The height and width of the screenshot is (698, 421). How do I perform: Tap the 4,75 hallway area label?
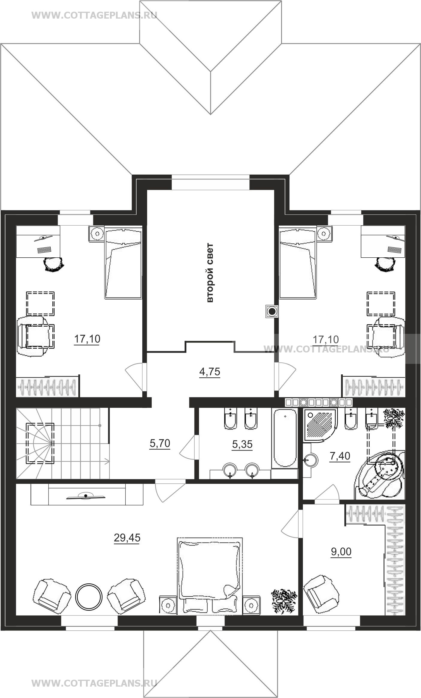pyautogui.click(x=210, y=372)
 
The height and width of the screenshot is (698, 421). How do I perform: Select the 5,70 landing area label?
pyautogui.click(x=160, y=443)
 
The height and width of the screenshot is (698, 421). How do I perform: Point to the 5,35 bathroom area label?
pyautogui.click(x=242, y=444)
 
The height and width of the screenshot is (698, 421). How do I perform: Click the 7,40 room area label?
pyautogui.click(x=339, y=456)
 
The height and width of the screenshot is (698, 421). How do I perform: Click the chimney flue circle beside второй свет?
pyautogui.click(x=272, y=312)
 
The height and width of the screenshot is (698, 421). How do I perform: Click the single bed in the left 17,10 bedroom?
pyautogui.click(x=123, y=262)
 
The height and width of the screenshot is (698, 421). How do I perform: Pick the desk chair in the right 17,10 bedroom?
pyautogui.click(x=386, y=265)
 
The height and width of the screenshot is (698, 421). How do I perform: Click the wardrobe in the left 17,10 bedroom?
pyautogui.click(x=48, y=386)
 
